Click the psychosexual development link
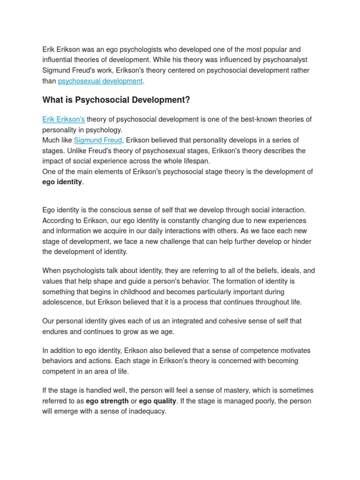pyautogui.click(x=100, y=81)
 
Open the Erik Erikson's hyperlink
pyautogui.click(x=63, y=119)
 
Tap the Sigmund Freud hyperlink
pyautogui.click(x=98, y=140)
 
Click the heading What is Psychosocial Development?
pyautogui.click(x=116, y=100)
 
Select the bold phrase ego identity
pyautogui.click(x=62, y=182)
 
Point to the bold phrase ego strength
pyautogui.click(x=107, y=401)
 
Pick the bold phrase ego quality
pyautogui.click(x=157, y=401)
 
